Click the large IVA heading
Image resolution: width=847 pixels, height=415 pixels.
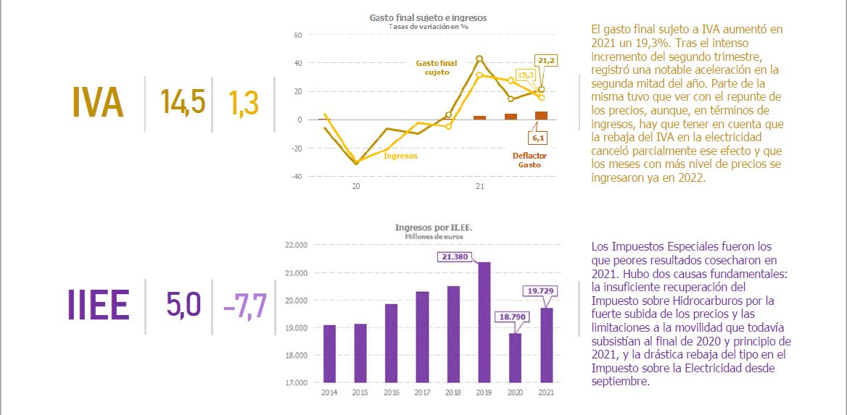(x=98, y=102)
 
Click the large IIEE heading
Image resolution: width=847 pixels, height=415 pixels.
(x=98, y=306)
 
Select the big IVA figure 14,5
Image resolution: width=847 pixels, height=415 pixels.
(x=183, y=103)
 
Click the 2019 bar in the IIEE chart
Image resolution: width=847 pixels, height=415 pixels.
(x=484, y=322)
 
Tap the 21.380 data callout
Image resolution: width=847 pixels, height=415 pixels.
(x=455, y=256)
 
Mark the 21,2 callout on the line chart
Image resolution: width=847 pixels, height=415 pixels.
(x=548, y=61)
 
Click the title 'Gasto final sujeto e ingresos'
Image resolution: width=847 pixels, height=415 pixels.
(x=428, y=17)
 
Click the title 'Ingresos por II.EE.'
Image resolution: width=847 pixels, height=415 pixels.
(x=434, y=228)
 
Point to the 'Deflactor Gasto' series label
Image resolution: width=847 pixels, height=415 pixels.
(x=529, y=160)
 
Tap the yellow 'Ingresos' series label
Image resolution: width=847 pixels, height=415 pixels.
(x=400, y=156)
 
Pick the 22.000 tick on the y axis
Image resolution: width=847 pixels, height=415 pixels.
(x=297, y=245)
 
